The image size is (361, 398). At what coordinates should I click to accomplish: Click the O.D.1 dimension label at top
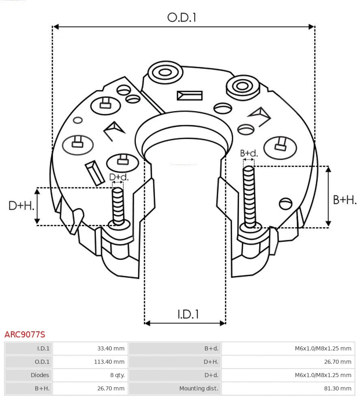pos(182,17)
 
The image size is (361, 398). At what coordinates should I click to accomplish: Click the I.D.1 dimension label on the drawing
pos(188,314)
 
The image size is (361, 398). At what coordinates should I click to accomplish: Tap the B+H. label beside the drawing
pos(344,200)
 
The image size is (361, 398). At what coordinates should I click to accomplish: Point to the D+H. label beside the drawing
pos(21,206)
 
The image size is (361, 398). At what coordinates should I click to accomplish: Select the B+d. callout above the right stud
pos(249,153)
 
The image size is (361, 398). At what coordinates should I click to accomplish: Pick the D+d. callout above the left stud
pos(119,177)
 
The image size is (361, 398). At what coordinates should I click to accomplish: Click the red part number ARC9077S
pos(25,335)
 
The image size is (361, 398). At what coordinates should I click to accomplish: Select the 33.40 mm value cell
pos(110,348)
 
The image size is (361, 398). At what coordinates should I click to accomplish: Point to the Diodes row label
pos(39,375)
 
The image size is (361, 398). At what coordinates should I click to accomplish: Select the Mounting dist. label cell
pos(198,388)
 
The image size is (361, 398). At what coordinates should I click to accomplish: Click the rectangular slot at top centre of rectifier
pos(189,96)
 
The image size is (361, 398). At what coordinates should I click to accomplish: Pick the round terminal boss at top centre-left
pos(165,73)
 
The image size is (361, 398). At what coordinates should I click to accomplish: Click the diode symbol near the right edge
pos(281,144)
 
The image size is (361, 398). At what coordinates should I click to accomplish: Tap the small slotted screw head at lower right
pos(286,203)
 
